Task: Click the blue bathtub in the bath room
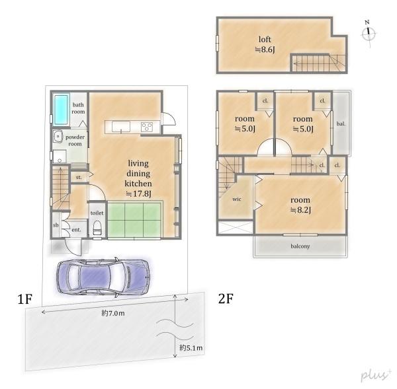point(60,109)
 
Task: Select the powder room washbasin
point(56,137)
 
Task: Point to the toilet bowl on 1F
point(97,228)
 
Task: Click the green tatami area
point(135,219)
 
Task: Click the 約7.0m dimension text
point(114,314)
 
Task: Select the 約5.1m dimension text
point(191,347)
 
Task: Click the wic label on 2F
point(236,197)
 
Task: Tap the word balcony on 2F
point(298,246)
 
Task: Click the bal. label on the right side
point(340,124)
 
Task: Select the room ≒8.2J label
point(301,204)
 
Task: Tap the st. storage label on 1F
point(78,178)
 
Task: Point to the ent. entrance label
point(75,229)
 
